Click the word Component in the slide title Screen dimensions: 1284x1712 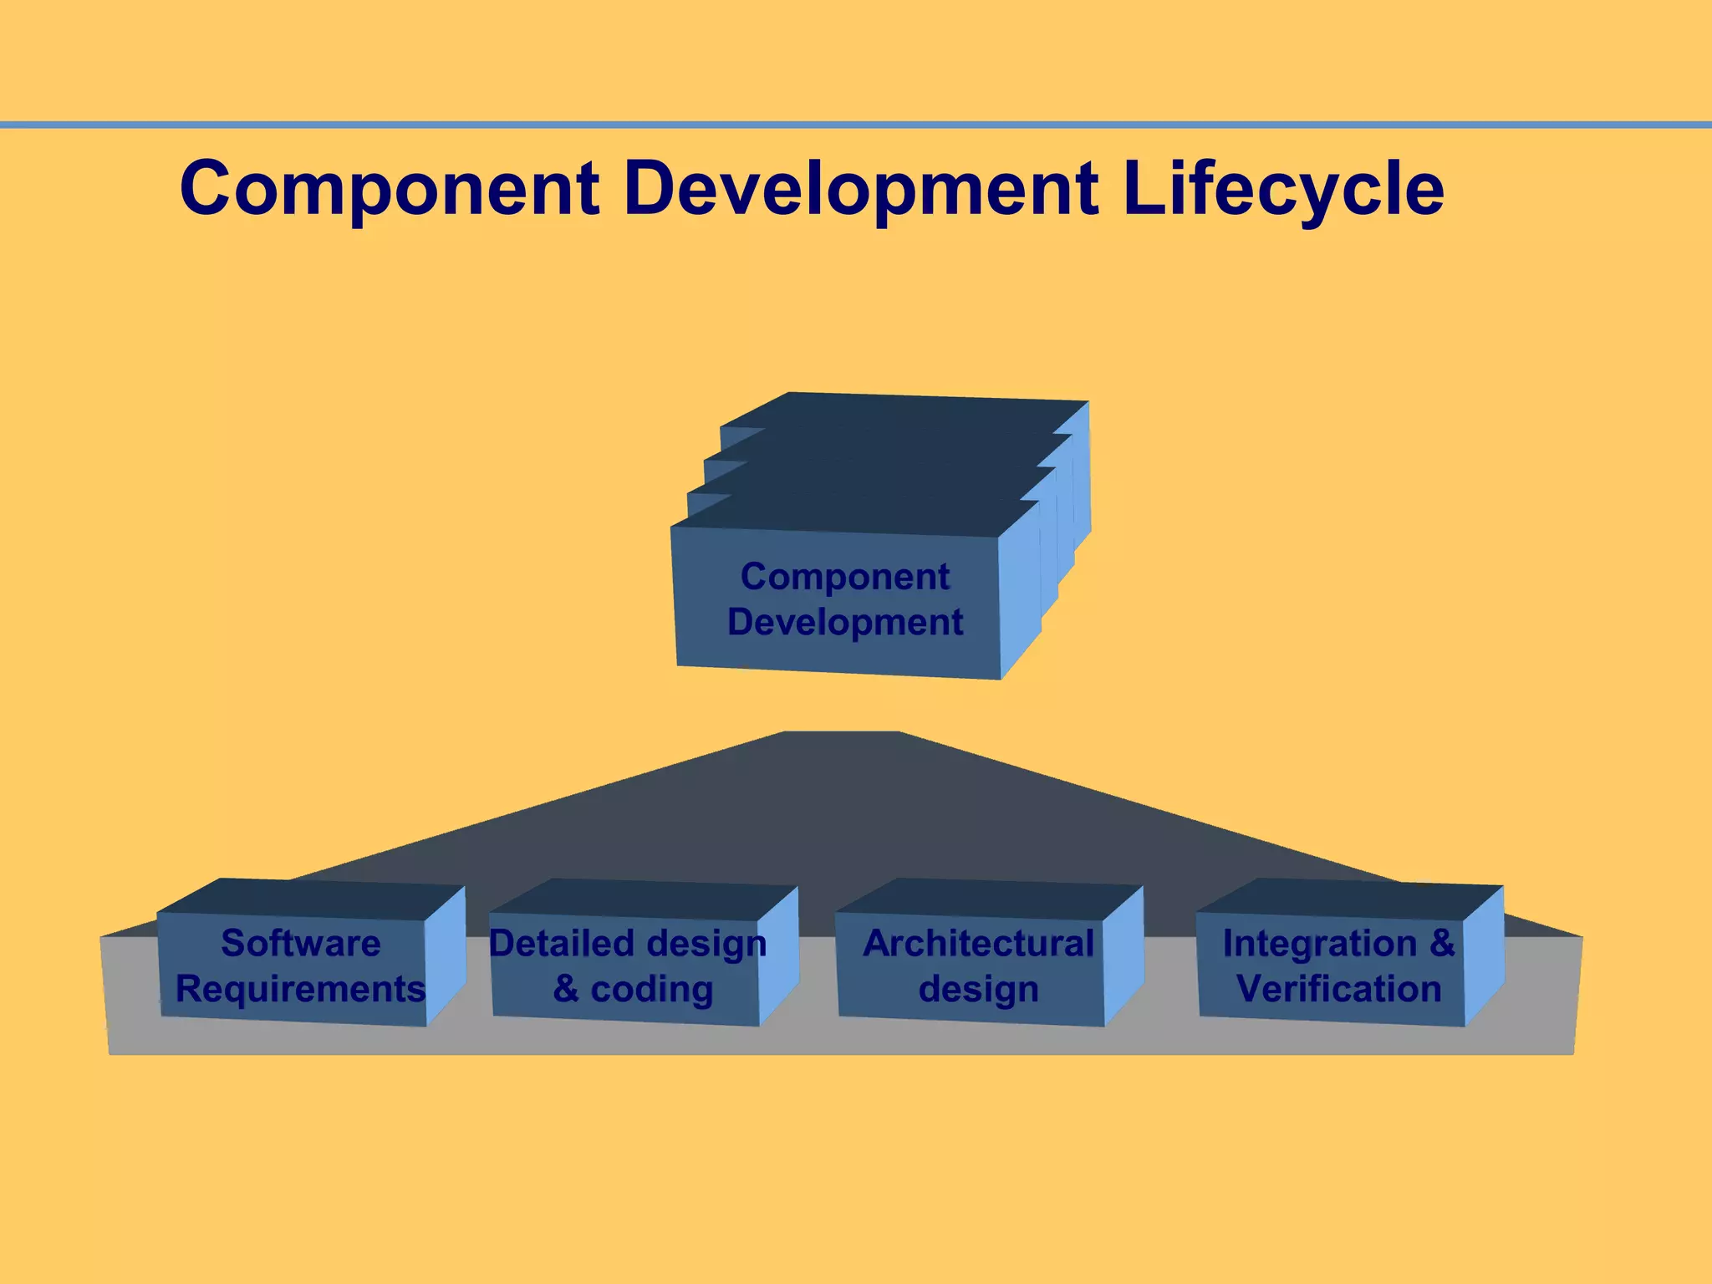click(x=390, y=189)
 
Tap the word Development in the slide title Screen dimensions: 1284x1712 click(x=861, y=189)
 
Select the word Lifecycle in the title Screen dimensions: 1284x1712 click(x=1283, y=189)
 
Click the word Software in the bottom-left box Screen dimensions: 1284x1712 click(x=301, y=944)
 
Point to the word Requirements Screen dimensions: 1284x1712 click(x=301, y=990)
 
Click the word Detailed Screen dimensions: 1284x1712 click(x=561, y=944)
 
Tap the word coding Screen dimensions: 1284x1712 click(x=652, y=990)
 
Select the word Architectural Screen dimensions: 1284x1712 click(x=978, y=944)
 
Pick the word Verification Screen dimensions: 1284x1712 click(x=1339, y=990)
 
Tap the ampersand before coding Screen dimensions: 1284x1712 click(x=566, y=990)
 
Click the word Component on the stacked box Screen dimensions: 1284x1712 click(x=845, y=577)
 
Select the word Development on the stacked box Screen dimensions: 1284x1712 click(x=845, y=623)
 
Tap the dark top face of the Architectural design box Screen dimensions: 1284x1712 click(x=986, y=899)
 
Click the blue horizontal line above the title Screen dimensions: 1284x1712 click(x=856, y=125)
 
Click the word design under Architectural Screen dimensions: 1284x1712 click(x=978, y=990)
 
